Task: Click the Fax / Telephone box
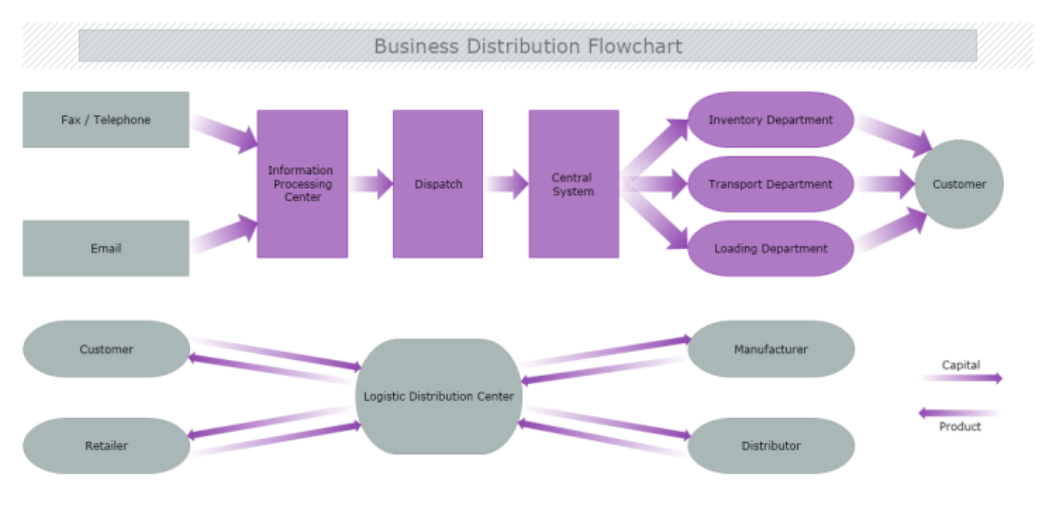coord(106,120)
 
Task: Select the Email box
coord(106,248)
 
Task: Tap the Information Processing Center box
coord(302,183)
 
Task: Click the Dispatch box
coord(438,183)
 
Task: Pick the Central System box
coord(573,183)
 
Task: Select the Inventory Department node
coord(770,120)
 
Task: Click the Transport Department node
coord(770,184)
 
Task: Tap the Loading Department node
coord(770,248)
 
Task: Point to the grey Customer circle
coord(959,184)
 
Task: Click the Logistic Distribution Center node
coord(438,396)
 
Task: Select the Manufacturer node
coord(771,349)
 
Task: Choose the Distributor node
coord(771,446)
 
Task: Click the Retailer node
coord(106,446)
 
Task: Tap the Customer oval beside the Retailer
coord(106,349)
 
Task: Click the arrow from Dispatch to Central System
coord(506,184)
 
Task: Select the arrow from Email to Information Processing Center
coord(225,234)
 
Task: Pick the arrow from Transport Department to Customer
coord(886,184)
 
